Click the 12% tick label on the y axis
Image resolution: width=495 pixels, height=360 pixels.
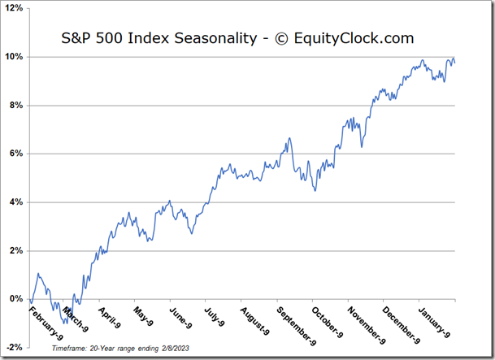[16, 9]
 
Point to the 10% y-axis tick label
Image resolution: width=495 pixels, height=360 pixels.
[16, 57]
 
